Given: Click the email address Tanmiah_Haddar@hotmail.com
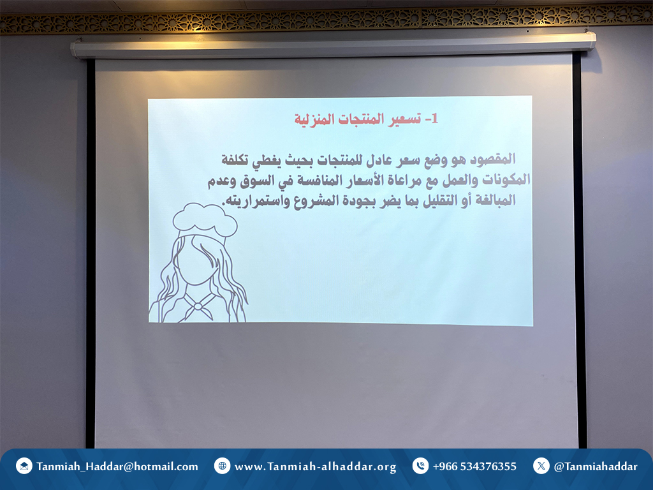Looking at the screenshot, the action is point(117,466).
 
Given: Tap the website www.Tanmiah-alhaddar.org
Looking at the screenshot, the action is point(315,466).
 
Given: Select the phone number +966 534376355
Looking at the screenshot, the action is point(474,466).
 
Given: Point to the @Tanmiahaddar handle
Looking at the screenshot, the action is point(596,466).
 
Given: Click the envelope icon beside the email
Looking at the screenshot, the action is point(24,466).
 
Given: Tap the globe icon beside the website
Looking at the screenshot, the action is point(222,466).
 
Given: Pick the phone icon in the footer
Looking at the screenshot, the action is point(420,466).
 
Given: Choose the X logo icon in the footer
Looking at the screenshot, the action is point(541,466).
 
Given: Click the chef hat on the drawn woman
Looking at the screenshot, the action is point(205,221).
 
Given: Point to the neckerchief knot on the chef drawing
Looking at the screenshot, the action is point(198,307).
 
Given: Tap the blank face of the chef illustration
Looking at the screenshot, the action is point(195,260).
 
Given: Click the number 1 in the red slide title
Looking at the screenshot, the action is point(434,119).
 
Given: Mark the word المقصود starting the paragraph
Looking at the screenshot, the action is point(493,160).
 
